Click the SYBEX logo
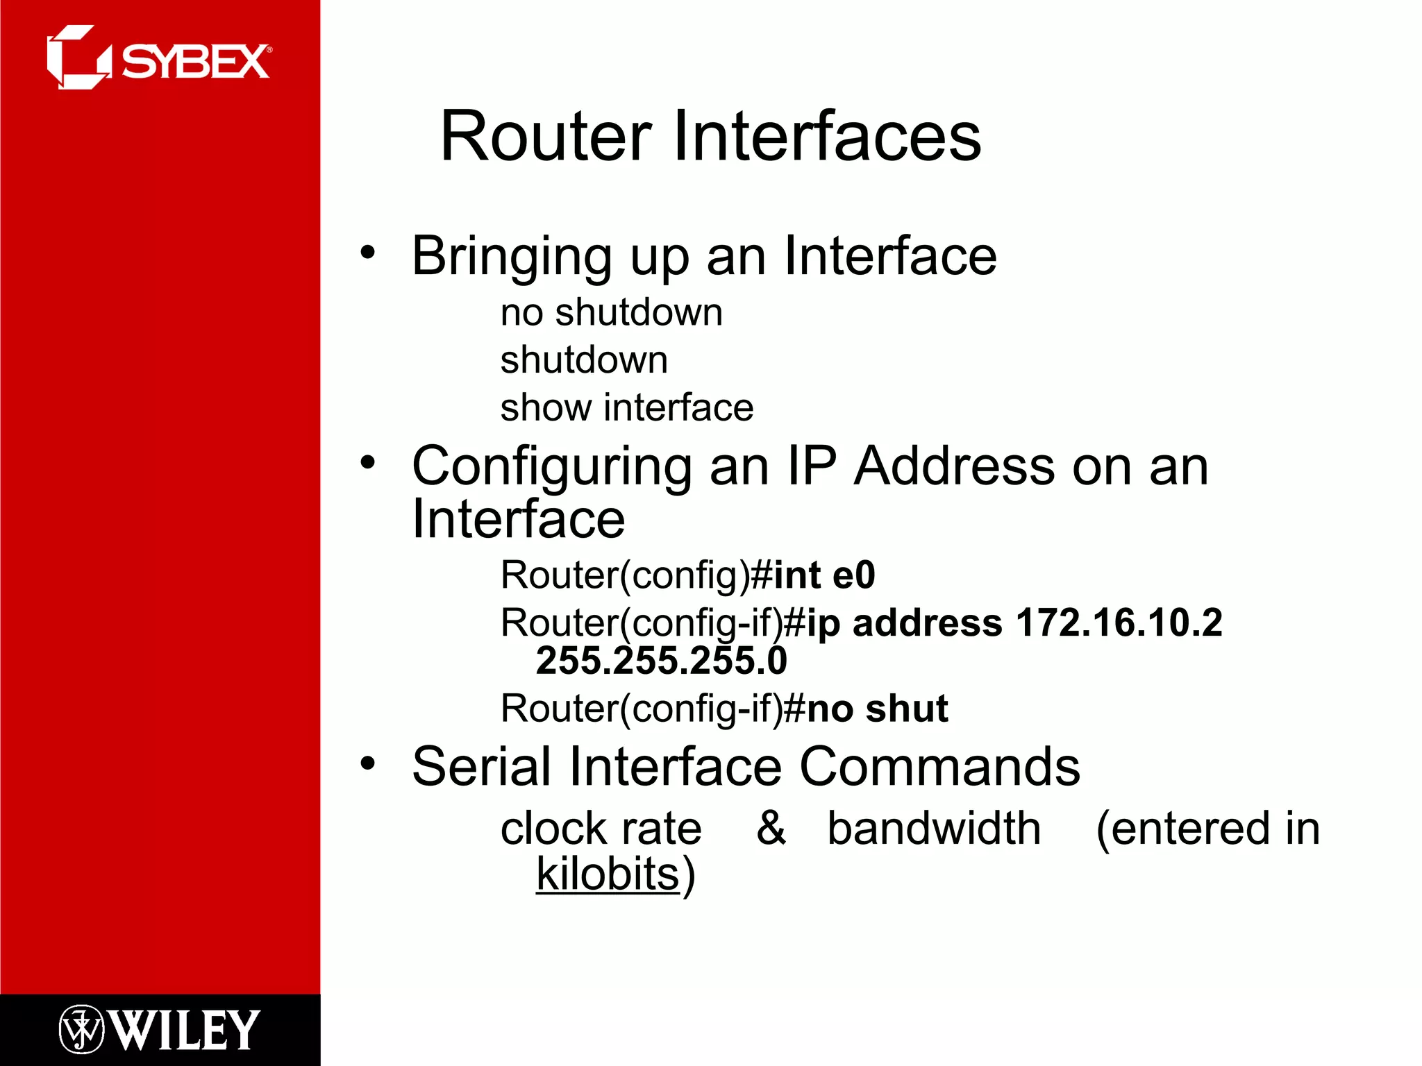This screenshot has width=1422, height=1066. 159,58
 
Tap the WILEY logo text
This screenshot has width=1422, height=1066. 185,1031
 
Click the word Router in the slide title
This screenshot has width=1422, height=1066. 546,137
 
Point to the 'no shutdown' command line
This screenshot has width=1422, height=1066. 611,312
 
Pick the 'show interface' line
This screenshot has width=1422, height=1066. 626,407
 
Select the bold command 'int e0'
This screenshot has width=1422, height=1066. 824,575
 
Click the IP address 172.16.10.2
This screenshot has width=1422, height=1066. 1119,623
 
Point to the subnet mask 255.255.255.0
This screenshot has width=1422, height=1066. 661,661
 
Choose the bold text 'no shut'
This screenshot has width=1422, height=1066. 878,709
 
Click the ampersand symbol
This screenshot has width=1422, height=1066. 771,828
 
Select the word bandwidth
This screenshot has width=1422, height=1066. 934,828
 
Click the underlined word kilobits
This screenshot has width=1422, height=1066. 608,874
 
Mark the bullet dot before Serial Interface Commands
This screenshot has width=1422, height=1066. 367,763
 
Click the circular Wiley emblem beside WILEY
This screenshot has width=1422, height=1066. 81,1029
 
